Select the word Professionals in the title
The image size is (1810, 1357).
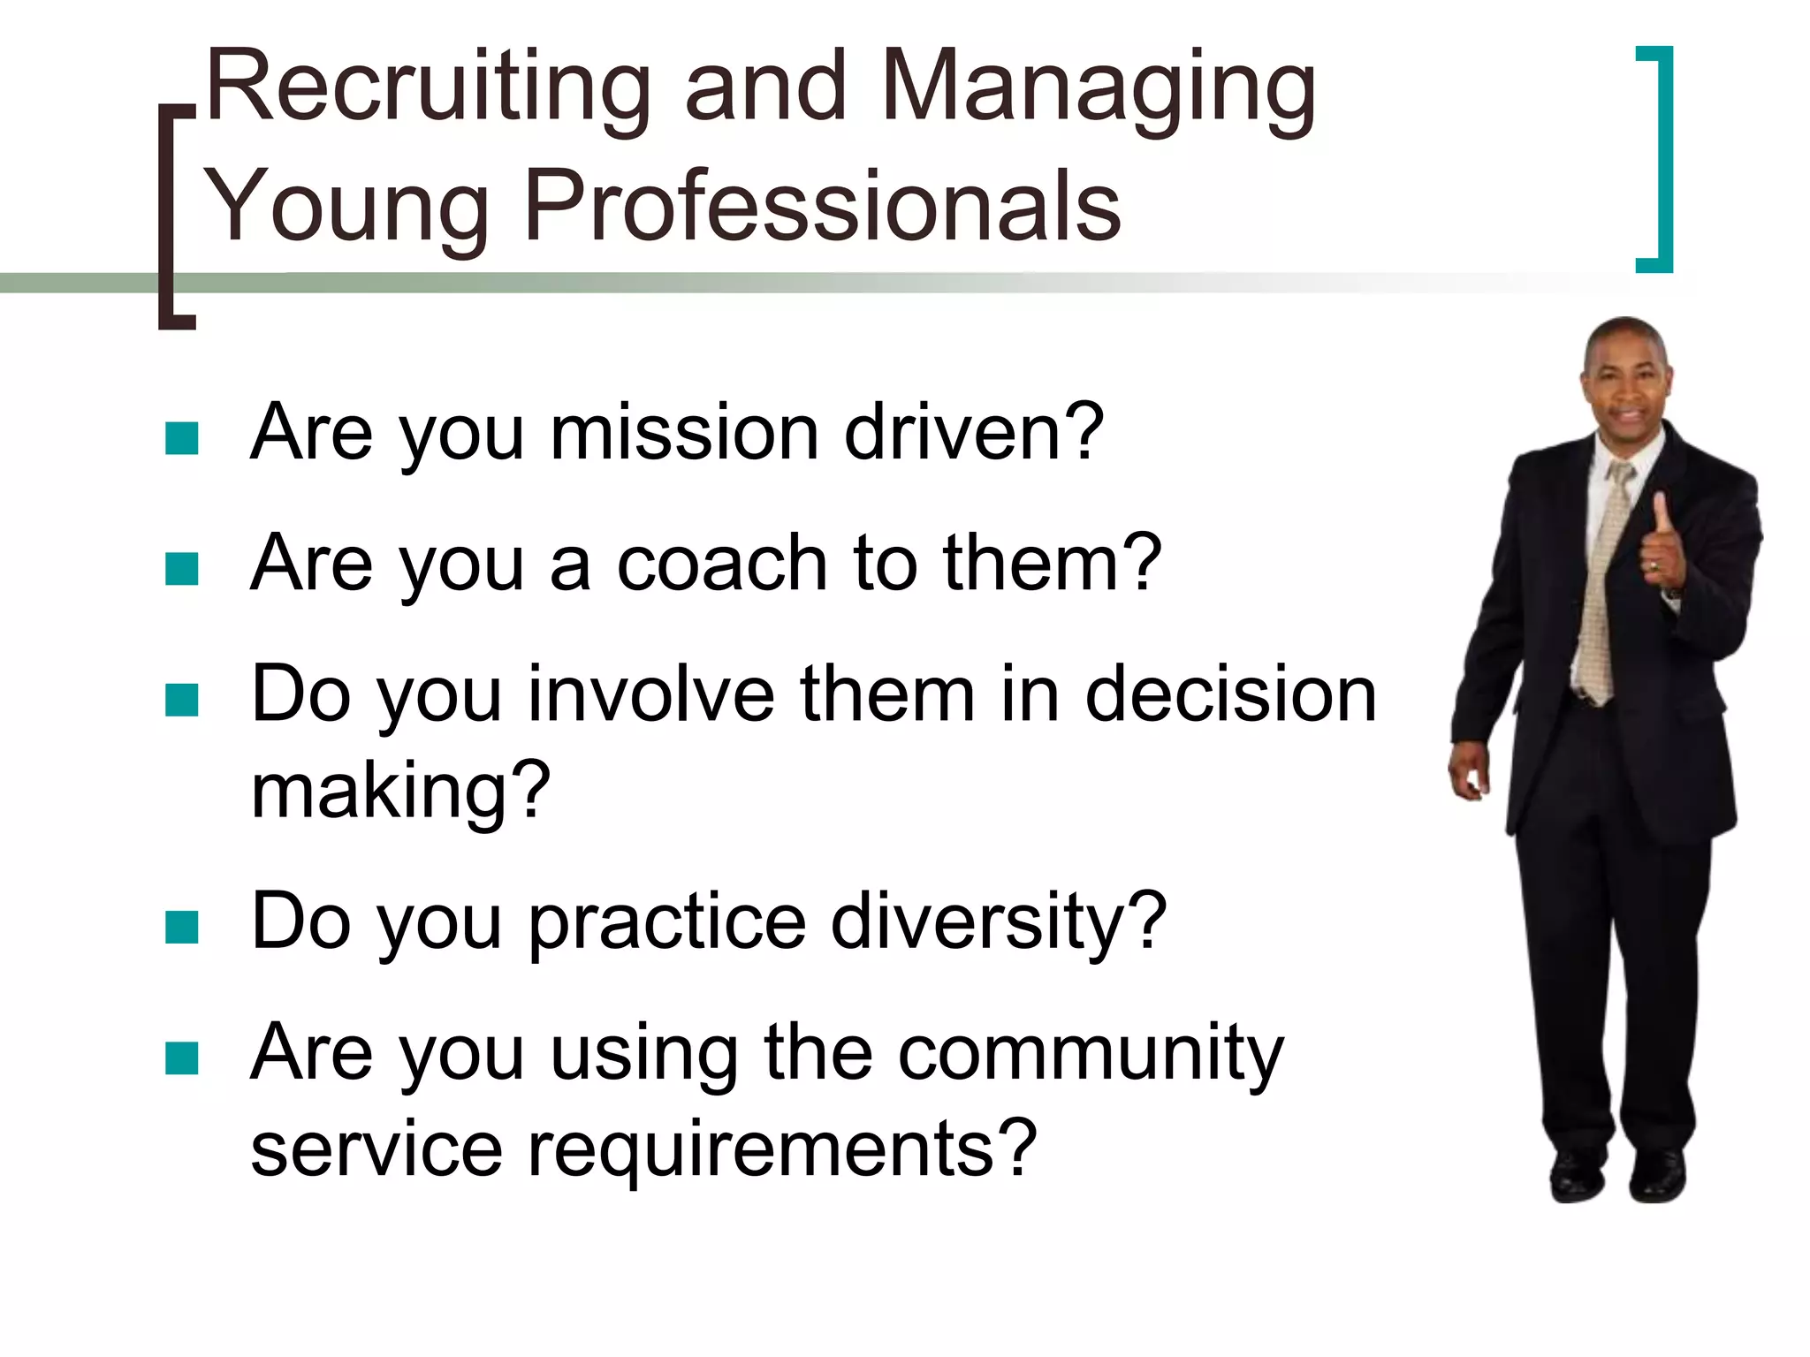click(822, 208)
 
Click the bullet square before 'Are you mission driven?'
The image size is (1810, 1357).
click(182, 438)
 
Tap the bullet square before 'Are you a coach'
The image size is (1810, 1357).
click(182, 569)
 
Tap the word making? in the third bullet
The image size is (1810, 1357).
click(400, 791)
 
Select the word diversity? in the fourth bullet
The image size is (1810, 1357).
click(999, 922)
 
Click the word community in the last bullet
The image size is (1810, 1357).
click(1091, 1053)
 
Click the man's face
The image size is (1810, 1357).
click(1626, 389)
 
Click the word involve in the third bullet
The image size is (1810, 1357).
click(650, 695)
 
